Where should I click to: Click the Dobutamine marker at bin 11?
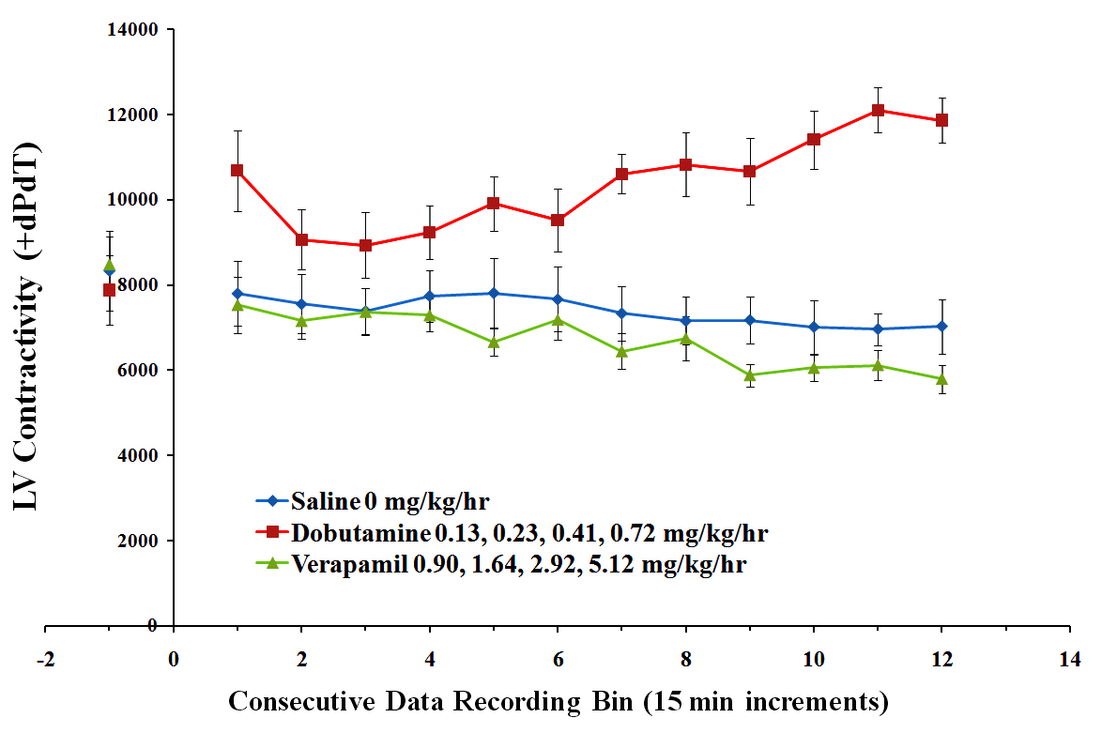[878, 110]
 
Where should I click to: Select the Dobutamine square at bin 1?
[237, 170]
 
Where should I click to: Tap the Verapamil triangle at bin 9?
[749, 374]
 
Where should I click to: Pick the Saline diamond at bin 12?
[941, 326]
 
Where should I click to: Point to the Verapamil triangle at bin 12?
[941, 378]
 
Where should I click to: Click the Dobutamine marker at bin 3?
[365, 245]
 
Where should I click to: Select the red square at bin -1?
[109, 290]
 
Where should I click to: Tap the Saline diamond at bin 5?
[494, 293]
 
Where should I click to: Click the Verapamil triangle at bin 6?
[558, 320]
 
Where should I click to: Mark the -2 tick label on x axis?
[46, 658]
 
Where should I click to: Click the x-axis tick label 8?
[685, 658]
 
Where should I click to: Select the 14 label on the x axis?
[1069, 658]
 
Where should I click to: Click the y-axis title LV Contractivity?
[27, 326]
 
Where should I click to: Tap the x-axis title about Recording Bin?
[558, 701]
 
